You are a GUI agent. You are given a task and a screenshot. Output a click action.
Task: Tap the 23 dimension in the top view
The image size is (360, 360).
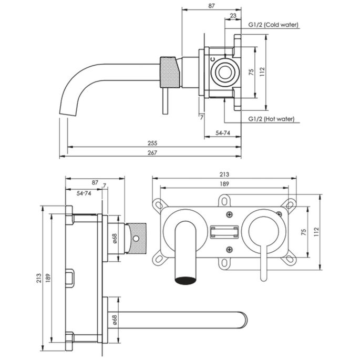233,16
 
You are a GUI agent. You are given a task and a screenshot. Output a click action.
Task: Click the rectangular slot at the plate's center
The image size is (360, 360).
224,232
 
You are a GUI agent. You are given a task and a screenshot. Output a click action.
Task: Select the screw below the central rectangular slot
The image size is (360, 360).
229,249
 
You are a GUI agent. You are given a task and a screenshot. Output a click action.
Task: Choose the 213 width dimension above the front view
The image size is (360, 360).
224,174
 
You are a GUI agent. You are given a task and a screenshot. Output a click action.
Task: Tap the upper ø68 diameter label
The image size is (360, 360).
115,239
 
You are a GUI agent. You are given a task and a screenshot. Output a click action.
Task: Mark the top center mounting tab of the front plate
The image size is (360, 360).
224,201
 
